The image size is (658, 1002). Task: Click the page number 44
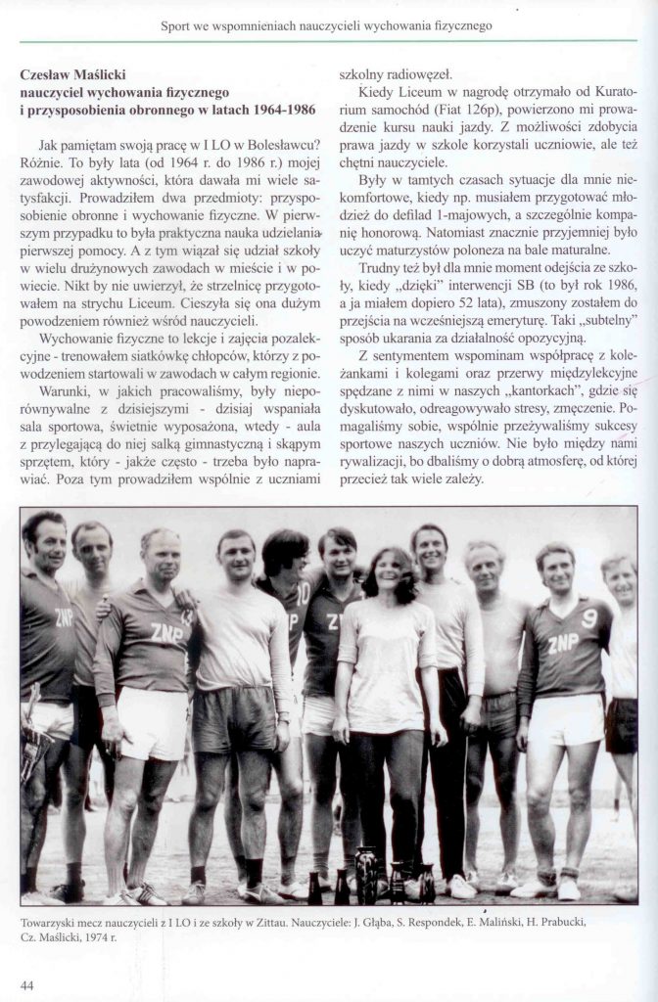pyautogui.click(x=26, y=984)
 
